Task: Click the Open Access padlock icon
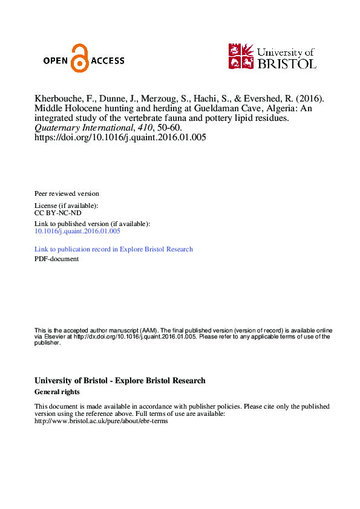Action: coord(79,58)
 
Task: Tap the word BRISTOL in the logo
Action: coord(287,62)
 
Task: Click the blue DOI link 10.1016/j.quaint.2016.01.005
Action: coord(77,231)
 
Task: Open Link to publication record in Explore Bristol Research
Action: coord(114,249)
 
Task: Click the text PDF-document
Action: coord(57,259)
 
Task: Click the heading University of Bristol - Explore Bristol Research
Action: coord(120,381)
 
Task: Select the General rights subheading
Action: coord(57,392)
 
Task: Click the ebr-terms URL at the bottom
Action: coord(101,421)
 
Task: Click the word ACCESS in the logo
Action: coord(108,60)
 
